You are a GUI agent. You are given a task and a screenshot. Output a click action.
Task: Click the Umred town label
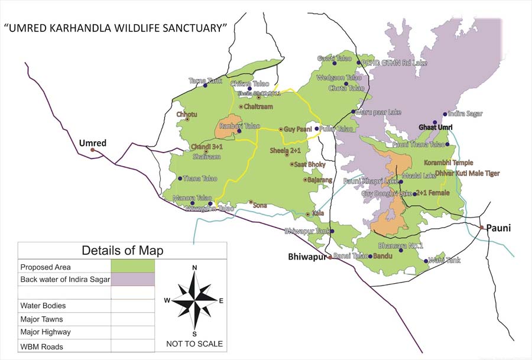pyautogui.click(x=93, y=143)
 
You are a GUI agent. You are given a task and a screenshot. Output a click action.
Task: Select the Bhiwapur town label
pyautogui.click(x=307, y=257)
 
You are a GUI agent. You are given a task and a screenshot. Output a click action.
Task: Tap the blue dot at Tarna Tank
pyautogui.click(x=206, y=86)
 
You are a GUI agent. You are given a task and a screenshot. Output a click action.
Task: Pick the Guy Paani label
pyautogui.click(x=297, y=129)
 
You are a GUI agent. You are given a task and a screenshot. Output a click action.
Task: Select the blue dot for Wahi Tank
pyautogui.click(x=426, y=261)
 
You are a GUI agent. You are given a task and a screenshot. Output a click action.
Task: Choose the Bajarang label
pyautogui.click(x=317, y=180)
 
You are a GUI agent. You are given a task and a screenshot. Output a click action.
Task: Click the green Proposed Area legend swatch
pyautogui.click(x=132, y=267)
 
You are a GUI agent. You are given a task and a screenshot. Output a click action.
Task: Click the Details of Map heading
pyautogui.click(x=122, y=250)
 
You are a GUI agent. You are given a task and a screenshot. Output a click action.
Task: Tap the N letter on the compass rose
pyautogui.click(x=194, y=268)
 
